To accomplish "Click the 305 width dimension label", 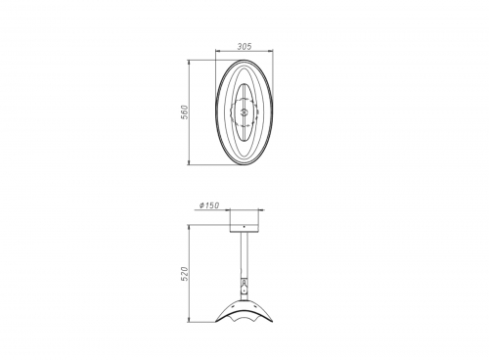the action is pyautogui.click(x=244, y=47).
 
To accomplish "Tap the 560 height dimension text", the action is pyautogui.click(x=185, y=112).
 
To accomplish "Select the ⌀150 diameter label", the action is pyautogui.click(x=209, y=205).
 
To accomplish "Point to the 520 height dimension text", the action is pyautogui.click(x=185, y=274).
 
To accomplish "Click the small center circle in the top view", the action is pyautogui.click(x=244, y=112).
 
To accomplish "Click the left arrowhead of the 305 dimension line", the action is pyautogui.click(x=218, y=51).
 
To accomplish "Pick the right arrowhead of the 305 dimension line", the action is pyautogui.click(x=271, y=51).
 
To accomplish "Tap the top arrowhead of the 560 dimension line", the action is pyautogui.click(x=189, y=63).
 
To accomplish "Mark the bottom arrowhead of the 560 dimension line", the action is pyautogui.click(x=189, y=162).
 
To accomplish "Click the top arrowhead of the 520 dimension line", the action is pyautogui.click(x=189, y=227).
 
